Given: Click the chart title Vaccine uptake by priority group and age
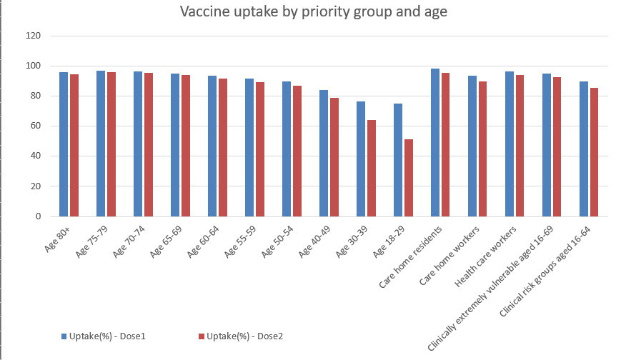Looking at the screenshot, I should point(313,12).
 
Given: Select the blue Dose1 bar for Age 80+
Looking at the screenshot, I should point(64,144).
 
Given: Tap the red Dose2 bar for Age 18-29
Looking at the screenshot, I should point(408,178).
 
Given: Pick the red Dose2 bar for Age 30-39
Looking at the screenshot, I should point(371,168).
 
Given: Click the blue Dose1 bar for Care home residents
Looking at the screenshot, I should point(434,142).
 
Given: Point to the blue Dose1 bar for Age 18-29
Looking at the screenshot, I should point(397,160).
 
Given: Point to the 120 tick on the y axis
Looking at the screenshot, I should point(33,36).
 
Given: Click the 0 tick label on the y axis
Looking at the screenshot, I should point(38,216).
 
